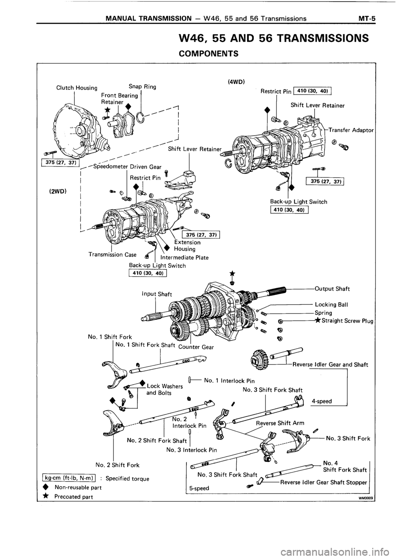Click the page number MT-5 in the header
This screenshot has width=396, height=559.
(370, 18)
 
